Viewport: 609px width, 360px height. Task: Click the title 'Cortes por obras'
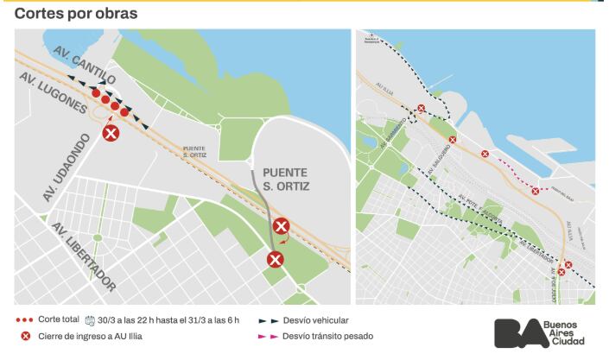pos(76,14)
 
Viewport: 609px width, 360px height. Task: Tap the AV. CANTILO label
pos(84,61)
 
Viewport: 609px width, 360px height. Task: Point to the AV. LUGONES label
pos(52,93)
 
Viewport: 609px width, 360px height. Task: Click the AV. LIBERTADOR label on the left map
pos(83,256)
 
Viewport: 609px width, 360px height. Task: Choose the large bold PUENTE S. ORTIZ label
pos(285,179)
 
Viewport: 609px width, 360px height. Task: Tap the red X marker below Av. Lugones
pos(111,133)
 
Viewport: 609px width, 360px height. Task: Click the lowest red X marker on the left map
pos(275,259)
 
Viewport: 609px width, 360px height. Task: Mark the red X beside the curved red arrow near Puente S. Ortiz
pos(281,227)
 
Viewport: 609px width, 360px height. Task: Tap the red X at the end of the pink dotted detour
pos(536,191)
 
